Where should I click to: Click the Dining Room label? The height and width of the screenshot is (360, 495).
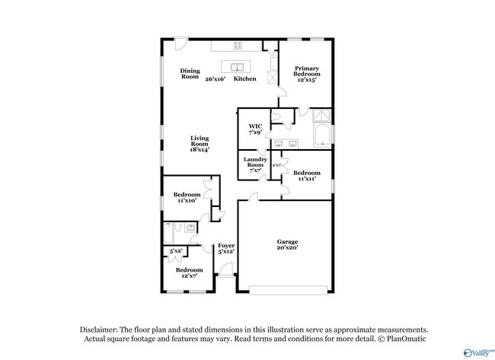pos(190,74)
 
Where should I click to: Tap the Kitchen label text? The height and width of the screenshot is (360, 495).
pos(244,78)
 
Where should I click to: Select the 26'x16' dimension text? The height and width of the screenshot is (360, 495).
pos(216,78)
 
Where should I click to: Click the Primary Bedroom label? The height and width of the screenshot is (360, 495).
pos(307,74)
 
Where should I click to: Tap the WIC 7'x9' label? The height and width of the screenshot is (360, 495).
pos(255,129)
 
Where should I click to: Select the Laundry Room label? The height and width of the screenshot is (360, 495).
pos(255,165)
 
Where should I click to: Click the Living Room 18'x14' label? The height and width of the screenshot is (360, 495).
pos(199,144)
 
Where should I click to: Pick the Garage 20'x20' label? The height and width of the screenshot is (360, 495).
pos(286,245)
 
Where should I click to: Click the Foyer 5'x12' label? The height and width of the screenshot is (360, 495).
pos(226,248)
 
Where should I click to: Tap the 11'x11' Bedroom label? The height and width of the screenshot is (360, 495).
pos(307,175)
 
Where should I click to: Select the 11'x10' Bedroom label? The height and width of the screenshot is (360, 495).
pos(187,197)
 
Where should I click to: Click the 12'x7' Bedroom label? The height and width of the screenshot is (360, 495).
pos(190,272)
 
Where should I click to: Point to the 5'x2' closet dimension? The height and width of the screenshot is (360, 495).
pos(176,250)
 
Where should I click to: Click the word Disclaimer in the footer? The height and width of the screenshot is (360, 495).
pos(102,329)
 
